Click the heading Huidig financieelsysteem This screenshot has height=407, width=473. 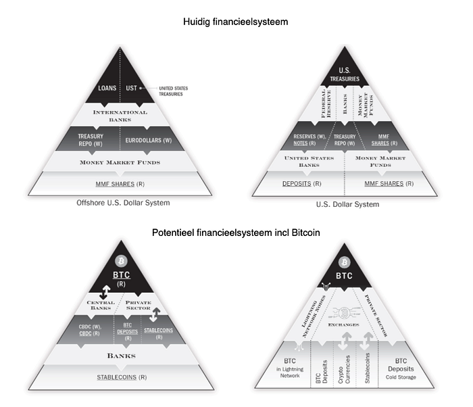click(x=236, y=22)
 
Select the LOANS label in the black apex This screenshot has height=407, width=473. click(x=107, y=89)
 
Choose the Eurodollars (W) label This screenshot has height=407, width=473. click(x=149, y=141)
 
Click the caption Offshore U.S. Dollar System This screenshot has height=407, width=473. click(x=122, y=203)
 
